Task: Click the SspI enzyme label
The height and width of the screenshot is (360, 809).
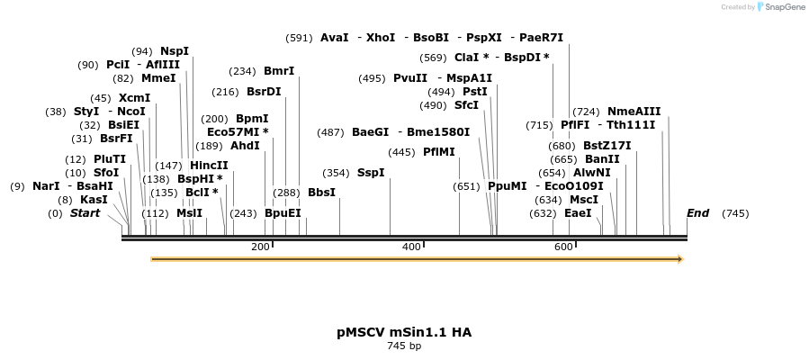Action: [371, 172]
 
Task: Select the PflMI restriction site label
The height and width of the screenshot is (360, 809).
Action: [439, 151]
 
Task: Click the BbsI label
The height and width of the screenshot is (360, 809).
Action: [321, 192]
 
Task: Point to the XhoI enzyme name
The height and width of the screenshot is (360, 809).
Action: [381, 38]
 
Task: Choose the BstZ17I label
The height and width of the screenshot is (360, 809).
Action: [607, 145]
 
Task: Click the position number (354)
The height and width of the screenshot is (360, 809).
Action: [336, 173]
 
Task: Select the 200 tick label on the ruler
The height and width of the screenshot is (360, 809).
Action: [260, 247]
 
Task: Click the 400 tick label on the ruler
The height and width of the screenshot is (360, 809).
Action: [411, 247]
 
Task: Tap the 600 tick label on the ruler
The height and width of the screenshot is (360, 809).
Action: [563, 247]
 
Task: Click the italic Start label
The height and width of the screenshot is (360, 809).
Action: [85, 213]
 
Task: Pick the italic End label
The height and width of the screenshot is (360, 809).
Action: [697, 213]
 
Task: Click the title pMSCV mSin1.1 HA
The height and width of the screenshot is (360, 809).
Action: [404, 332]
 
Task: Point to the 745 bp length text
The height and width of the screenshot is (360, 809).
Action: [404, 346]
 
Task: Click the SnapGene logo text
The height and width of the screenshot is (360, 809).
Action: [782, 7]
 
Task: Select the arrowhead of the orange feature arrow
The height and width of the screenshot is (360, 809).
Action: [679, 259]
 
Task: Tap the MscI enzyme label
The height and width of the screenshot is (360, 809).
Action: [584, 200]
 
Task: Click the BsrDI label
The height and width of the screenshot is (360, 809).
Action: [264, 91]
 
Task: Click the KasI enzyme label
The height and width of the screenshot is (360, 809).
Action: [94, 200]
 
